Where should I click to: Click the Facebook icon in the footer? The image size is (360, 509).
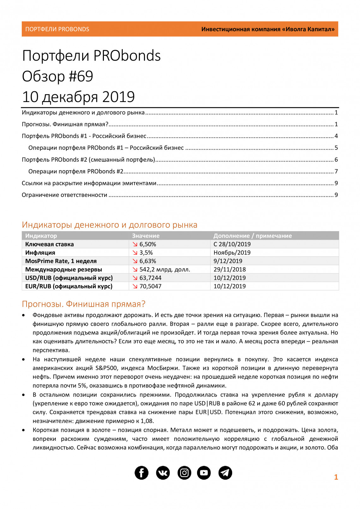point(141,473)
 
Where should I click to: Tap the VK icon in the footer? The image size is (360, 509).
point(163,473)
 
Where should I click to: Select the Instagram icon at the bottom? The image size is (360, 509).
point(184,473)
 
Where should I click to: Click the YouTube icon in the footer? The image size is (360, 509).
point(204,473)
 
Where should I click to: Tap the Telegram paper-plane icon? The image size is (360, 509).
point(225,473)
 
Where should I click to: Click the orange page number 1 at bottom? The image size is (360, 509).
point(336,477)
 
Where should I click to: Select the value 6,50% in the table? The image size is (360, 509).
point(147,244)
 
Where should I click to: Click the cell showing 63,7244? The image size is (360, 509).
point(150,278)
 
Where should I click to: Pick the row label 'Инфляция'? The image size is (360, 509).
point(40,253)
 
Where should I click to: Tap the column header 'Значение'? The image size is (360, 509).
point(146,236)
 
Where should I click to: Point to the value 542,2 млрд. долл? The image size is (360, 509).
point(165,269)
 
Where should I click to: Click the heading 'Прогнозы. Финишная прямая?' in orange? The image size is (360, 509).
point(84,304)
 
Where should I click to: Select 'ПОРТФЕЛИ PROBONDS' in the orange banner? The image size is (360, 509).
point(57,29)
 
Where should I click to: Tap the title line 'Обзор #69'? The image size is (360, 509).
point(57,76)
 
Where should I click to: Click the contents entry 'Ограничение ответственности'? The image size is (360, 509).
point(64,195)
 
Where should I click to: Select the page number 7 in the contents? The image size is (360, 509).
point(336,171)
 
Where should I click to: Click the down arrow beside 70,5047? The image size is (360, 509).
point(135,286)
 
